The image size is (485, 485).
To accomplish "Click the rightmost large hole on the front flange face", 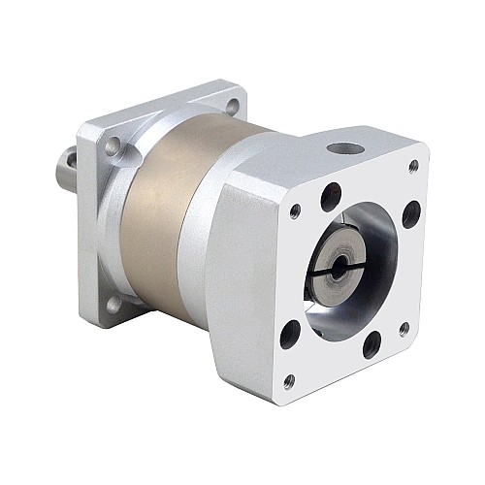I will tap(410, 212).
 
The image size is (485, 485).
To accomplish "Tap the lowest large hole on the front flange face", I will tap(372, 343).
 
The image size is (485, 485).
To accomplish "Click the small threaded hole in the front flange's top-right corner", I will tap(415, 166).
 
